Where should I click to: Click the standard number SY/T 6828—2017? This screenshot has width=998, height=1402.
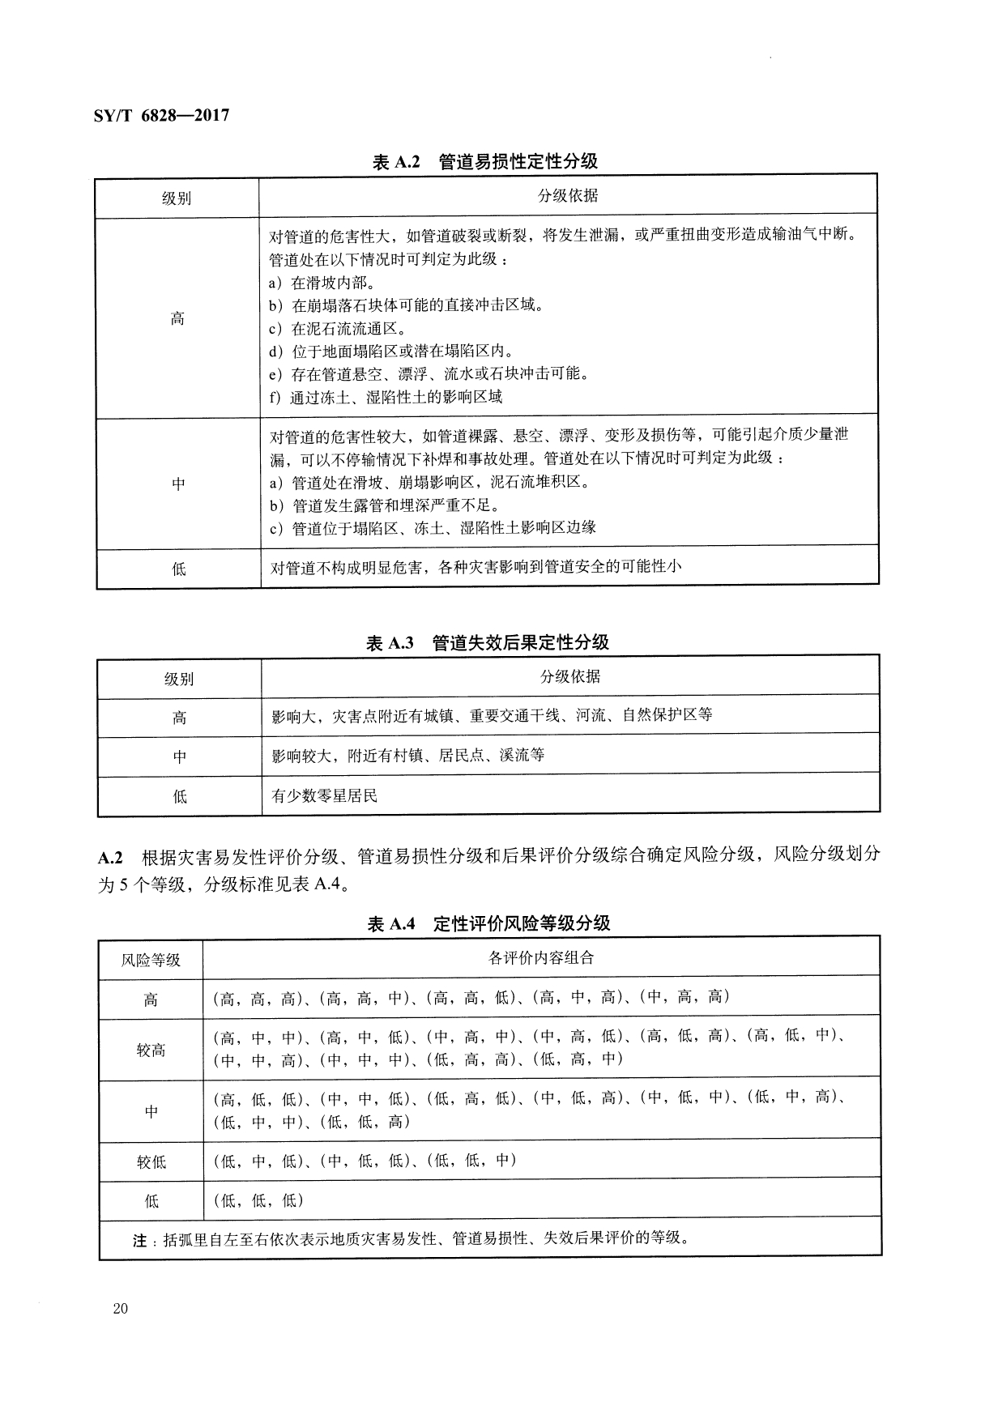(156, 116)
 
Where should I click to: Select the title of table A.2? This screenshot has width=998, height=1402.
(484, 162)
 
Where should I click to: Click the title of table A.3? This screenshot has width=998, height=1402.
(487, 643)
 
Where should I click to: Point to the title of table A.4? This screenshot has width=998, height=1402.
(488, 924)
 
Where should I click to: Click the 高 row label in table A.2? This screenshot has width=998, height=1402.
(177, 319)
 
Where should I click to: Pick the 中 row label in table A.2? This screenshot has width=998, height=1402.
(178, 484)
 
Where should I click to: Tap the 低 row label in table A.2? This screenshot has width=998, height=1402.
(178, 569)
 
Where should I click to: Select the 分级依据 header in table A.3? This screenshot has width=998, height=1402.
(570, 677)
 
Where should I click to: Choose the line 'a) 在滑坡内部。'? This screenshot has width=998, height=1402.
(321, 283)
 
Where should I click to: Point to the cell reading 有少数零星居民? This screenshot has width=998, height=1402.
(325, 796)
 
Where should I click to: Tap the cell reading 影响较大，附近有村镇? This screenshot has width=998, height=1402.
(408, 756)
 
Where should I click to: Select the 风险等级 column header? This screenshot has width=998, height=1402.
(151, 961)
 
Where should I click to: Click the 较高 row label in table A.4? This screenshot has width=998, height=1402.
(151, 1050)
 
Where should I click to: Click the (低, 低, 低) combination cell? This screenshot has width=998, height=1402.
(258, 1200)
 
